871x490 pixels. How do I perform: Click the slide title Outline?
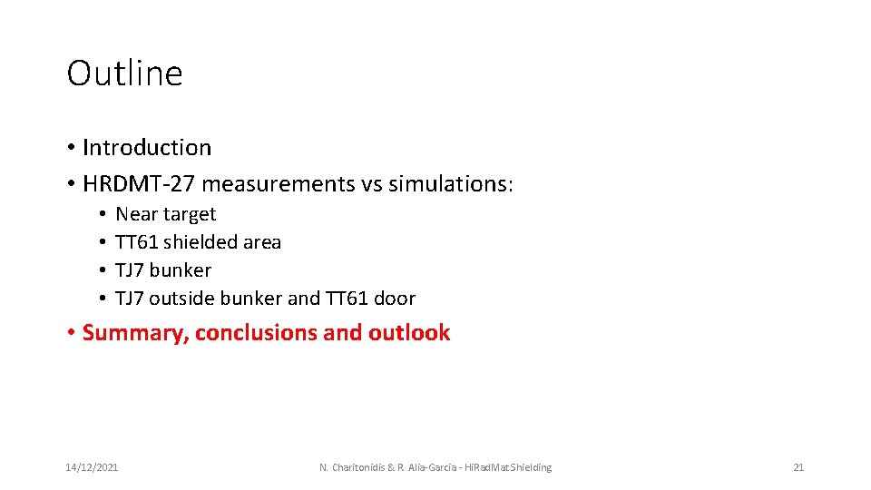pyautogui.click(x=124, y=73)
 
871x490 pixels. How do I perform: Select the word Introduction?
pyautogui.click(x=147, y=148)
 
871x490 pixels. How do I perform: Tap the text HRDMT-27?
pyautogui.click(x=139, y=184)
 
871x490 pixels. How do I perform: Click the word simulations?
pyautogui.click(x=450, y=184)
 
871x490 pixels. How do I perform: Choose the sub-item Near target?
pyautogui.click(x=166, y=214)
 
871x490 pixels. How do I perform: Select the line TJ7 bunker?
pyautogui.click(x=163, y=270)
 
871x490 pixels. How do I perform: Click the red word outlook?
pyautogui.click(x=409, y=333)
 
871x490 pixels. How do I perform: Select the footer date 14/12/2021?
pyautogui.click(x=92, y=467)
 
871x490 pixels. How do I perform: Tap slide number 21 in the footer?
pyautogui.click(x=798, y=467)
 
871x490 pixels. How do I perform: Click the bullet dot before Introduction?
pyautogui.click(x=71, y=148)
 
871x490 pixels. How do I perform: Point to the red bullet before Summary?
pyautogui.click(x=71, y=333)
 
